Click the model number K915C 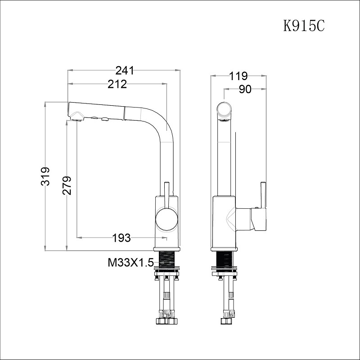[x=304, y=26]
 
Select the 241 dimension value [x=125, y=71]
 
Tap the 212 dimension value [x=117, y=84]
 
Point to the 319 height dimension [x=45, y=176]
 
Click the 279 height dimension [x=67, y=185]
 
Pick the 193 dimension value [x=121, y=238]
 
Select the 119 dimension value [x=239, y=76]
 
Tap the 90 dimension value [x=245, y=89]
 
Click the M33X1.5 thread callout [x=130, y=263]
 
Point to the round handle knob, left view [x=166, y=219]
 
